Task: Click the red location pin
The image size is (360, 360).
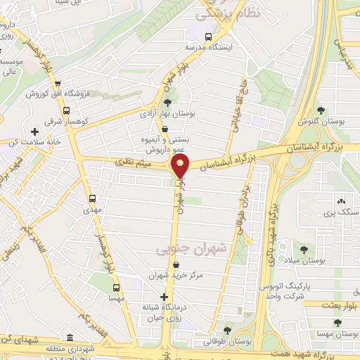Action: pos(181,165)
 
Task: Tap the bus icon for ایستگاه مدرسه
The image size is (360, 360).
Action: pos(207,37)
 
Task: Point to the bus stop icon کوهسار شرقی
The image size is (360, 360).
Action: pos(66,110)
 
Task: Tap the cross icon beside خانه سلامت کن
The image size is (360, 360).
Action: pos(34,131)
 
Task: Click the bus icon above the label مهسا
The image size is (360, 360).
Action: pos(116,287)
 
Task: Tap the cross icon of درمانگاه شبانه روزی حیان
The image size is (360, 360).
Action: pos(165,297)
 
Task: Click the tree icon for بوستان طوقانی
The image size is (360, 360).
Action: pos(226,328)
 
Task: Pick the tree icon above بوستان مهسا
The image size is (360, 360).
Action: pos(337,323)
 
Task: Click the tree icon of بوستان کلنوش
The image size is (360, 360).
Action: pos(321,110)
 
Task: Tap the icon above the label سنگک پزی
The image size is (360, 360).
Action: pos(341,200)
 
